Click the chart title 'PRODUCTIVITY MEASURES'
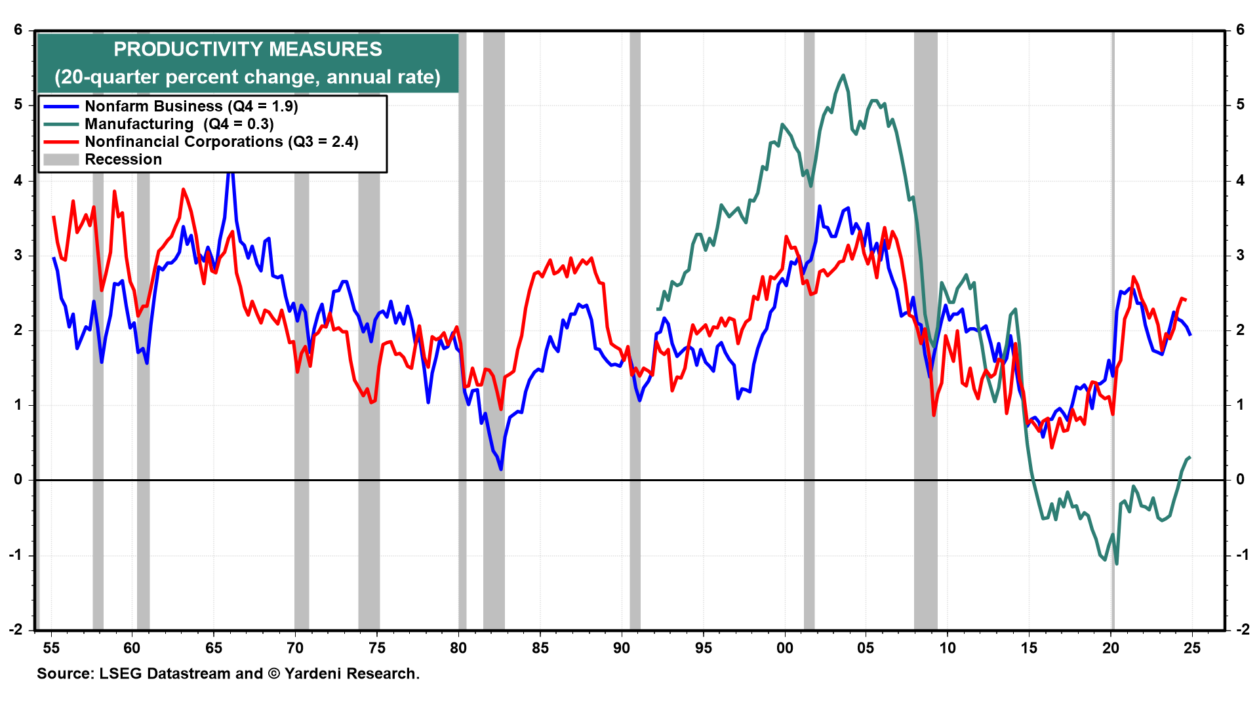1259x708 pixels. click(247, 49)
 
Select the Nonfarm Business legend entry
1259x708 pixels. click(191, 106)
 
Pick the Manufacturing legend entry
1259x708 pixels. click(179, 124)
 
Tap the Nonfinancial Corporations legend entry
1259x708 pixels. click(221, 142)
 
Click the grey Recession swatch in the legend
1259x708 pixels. click(61, 159)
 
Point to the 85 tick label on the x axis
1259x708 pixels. click(540, 648)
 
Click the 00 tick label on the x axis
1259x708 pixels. click(784, 648)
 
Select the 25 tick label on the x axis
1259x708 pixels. click(1191, 648)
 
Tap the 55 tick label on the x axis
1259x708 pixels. click(51, 648)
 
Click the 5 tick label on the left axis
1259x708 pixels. click(18, 105)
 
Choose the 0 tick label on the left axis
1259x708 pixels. click(18, 480)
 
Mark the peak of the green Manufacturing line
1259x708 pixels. click(843, 75)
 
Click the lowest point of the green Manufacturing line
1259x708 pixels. click(1116, 563)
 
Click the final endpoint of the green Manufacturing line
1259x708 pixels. click(1190, 457)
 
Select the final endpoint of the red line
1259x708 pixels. click(1186, 300)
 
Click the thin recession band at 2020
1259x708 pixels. click(1113, 328)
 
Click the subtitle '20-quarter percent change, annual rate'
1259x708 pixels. click(247, 77)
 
